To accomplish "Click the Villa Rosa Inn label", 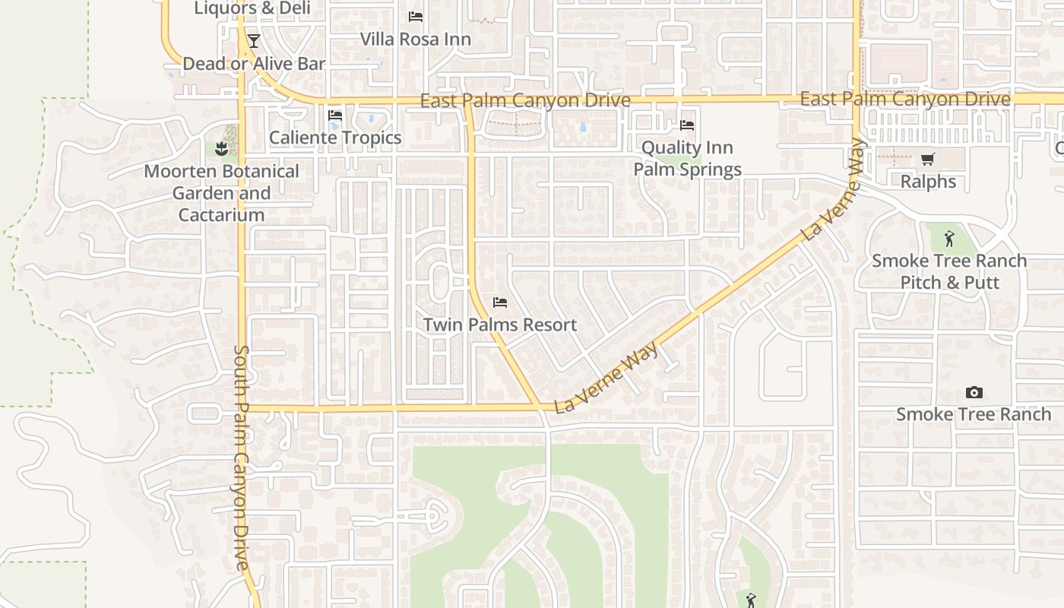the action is [415, 39].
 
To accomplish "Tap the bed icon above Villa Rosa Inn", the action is [415, 16].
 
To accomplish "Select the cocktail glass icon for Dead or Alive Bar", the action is [254, 40].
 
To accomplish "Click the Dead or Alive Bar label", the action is [254, 64].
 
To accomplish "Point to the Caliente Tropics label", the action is [335, 138].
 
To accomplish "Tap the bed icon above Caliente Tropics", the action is [335, 116].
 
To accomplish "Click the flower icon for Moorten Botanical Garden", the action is [222, 148].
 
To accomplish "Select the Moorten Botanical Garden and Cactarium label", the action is [221, 193].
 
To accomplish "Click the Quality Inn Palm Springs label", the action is [688, 158].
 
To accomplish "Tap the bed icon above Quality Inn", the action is [687, 125].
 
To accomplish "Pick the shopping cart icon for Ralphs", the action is [927, 159].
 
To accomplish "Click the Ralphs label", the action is [928, 182].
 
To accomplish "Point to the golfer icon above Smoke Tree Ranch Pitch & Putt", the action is [949, 239].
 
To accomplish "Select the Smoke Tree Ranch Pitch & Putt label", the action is [949, 271].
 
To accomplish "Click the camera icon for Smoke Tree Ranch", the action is [974, 392].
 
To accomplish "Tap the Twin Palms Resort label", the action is [500, 325].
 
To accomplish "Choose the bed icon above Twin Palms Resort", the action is [500, 302].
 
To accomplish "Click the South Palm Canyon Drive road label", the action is [241, 458].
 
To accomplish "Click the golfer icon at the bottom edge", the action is [751, 600].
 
